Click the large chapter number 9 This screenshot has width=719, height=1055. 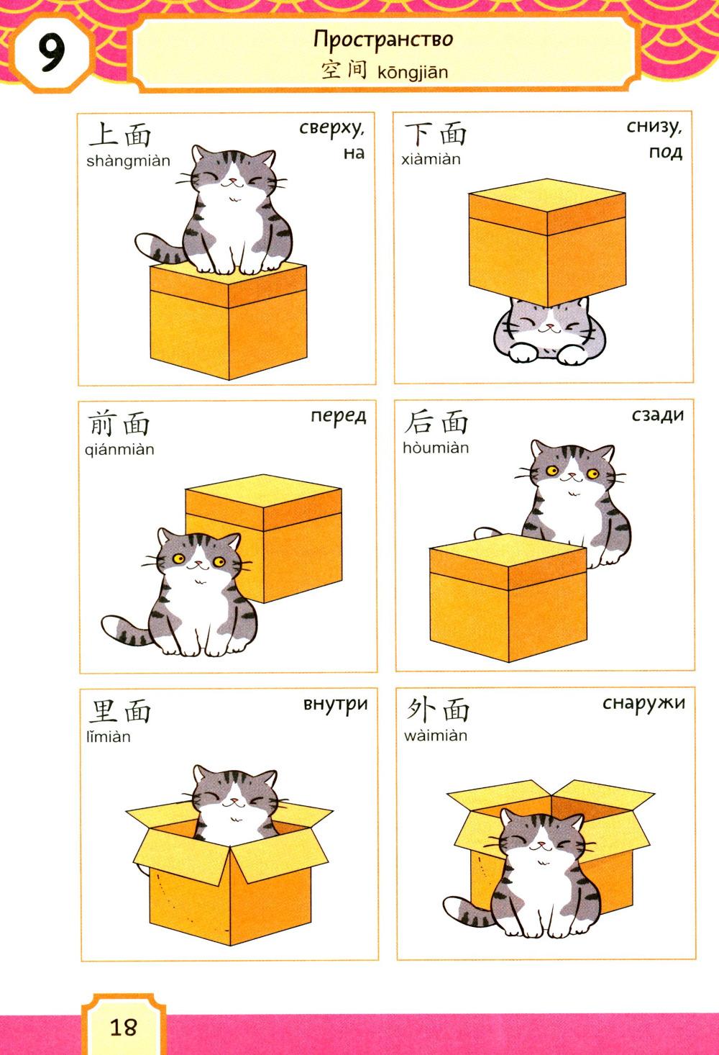(x=51, y=53)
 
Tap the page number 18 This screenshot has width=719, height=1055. (x=123, y=1027)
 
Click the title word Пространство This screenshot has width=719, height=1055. (x=383, y=40)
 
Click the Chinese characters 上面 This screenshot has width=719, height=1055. (x=120, y=135)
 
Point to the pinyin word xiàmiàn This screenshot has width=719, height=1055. (x=431, y=159)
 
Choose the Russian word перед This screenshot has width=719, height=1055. (x=339, y=417)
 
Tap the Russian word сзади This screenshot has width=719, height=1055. (x=657, y=415)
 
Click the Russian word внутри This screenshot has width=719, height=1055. (x=336, y=705)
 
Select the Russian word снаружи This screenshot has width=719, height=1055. (x=644, y=703)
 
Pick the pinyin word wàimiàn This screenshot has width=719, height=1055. (x=435, y=735)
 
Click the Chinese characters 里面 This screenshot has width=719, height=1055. (x=120, y=711)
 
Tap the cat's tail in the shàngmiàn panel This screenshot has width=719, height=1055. (x=159, y=249)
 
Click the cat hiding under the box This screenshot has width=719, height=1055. (x=549, y=332)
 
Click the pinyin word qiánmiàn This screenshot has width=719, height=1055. (x=119, y=450)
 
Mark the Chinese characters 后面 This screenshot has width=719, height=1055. (x=436, y=422)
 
